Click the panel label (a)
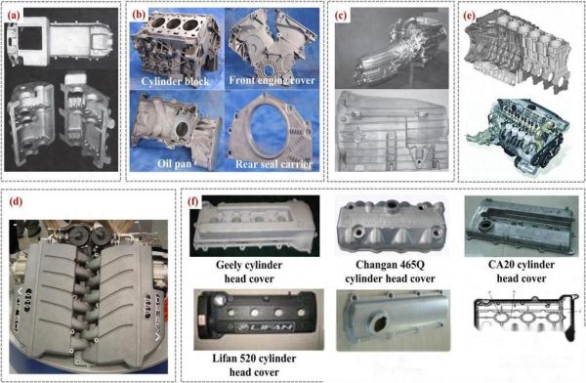pos(15,16)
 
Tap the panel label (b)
pos(139,15)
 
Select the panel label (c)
pos(341,16)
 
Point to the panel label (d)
pos(16,201)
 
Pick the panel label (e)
pos(469,16)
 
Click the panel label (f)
pos(192,201)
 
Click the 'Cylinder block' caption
pos(175,81)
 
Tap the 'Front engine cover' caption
pos(272,80)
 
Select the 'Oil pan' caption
pos(174,163)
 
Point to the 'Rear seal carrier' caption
pos(273,164)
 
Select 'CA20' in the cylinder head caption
pos(502,265)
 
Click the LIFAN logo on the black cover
pos(261,327)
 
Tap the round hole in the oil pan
pos(182,129)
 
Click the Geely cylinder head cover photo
pos(255,226)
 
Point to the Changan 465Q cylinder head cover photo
pos(391,226)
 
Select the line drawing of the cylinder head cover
pos(524,315)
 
